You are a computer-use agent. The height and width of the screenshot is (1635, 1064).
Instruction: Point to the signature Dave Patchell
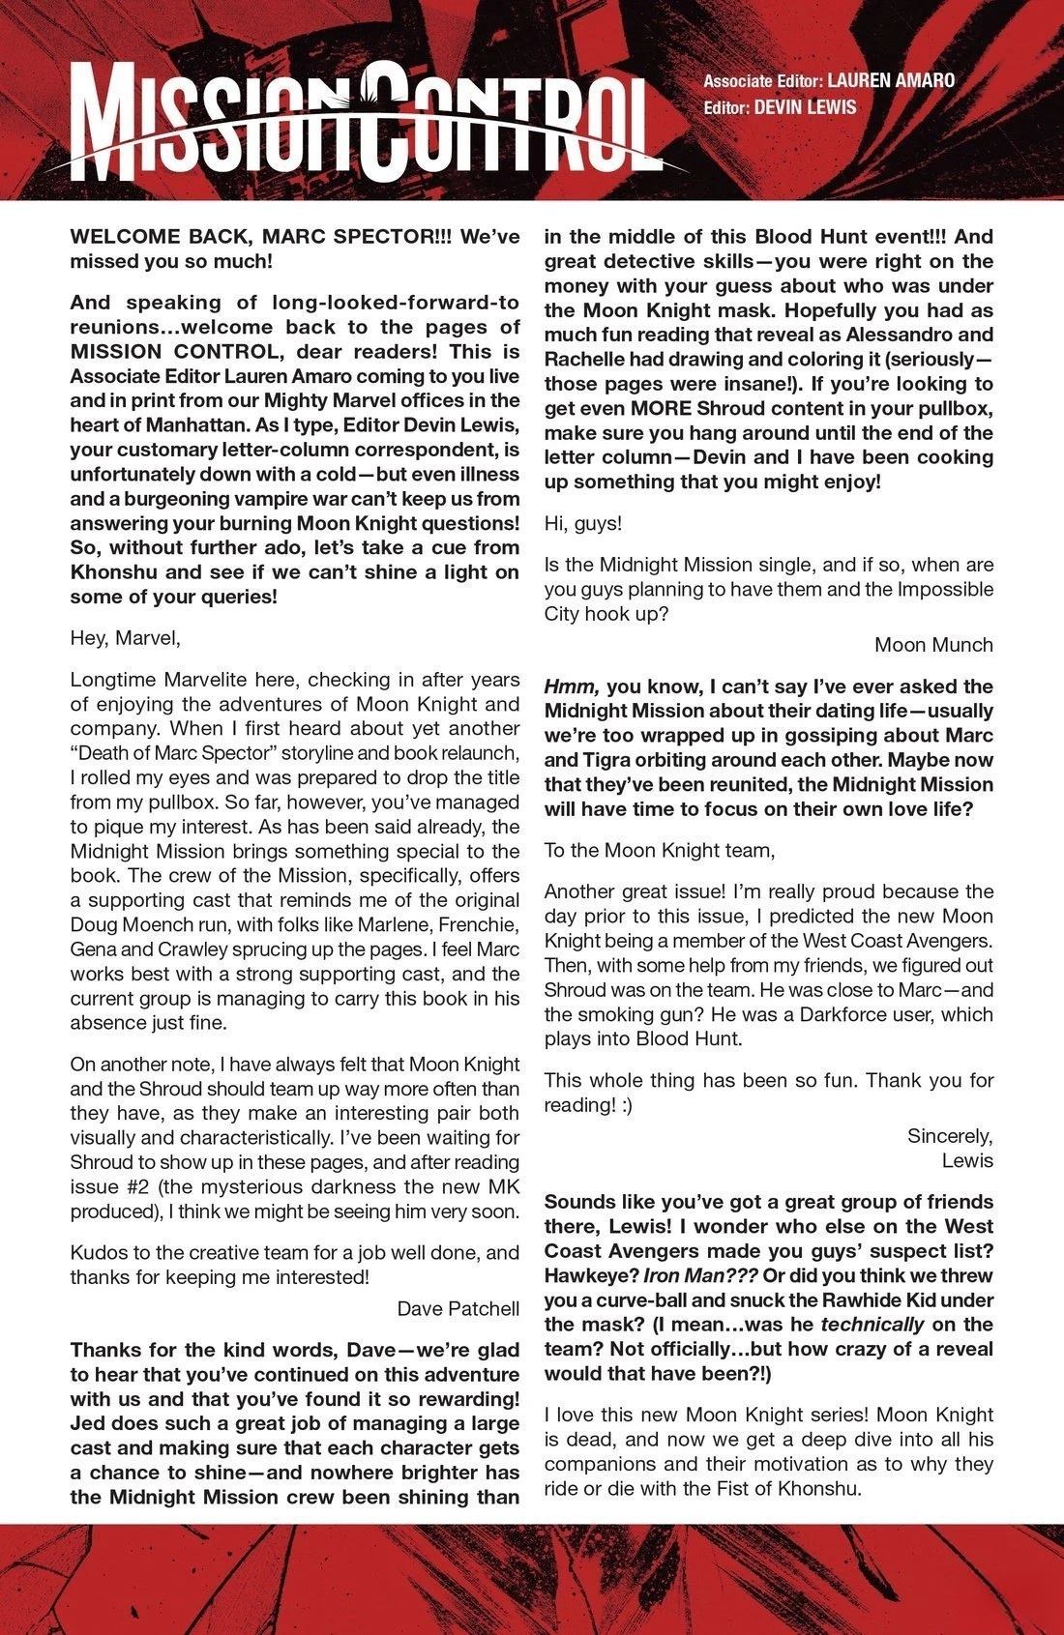[x=458, y=1309]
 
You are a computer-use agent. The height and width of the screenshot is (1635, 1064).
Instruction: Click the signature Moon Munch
[x=933, y=644]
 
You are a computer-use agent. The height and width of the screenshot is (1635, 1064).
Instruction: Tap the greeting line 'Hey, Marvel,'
[x=125, y=638]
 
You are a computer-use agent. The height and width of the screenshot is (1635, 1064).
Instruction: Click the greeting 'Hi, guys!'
[x=583, y=523]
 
